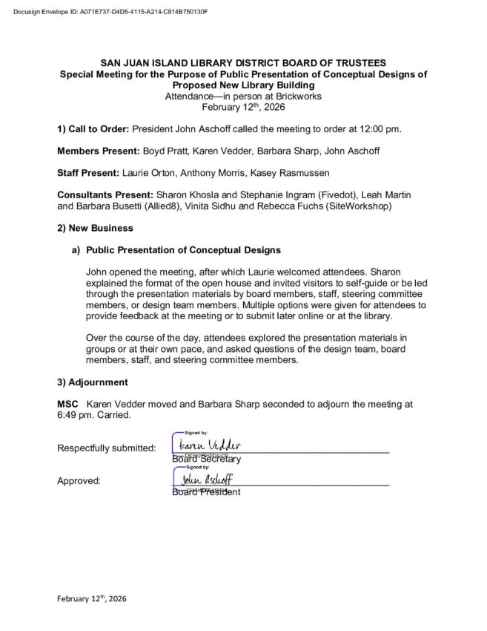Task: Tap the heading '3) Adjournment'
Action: (x=92, y=382)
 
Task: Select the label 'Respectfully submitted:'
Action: (x=106, y=448)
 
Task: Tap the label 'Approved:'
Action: (x=79, y=481)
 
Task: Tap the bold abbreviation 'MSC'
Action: (x=67, y=404)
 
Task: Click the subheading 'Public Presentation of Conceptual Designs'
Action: (x=183, y=249)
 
